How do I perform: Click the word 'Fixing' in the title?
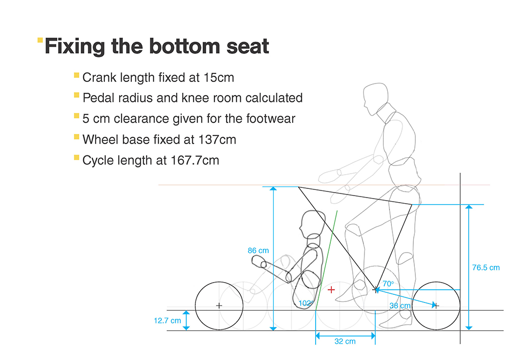click(x=75, y=46)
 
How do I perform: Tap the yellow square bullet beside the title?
click(x=40, y=40)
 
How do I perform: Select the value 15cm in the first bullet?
click(x=219, y=77)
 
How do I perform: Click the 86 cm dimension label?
click(x=259, y=251)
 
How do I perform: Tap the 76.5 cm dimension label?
click(x=486, y=267)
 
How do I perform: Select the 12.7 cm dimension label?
click(x=167, y=321)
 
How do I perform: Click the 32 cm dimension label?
click(x=345, y=342)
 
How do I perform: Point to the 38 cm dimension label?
click(x=400, y=306)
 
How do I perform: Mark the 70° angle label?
click(x=388, y=284)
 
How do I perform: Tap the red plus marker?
click(x=331, y=290)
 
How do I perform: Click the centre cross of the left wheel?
click(x=219, y=306)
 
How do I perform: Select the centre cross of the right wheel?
click(x=436, y=306)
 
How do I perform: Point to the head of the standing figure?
click(x=376, y=99)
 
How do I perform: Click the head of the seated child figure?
click(x=312, y=224)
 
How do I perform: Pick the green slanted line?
click(x=327, y=261)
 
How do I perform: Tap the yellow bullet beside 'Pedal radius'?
click(x=77, y=95)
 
